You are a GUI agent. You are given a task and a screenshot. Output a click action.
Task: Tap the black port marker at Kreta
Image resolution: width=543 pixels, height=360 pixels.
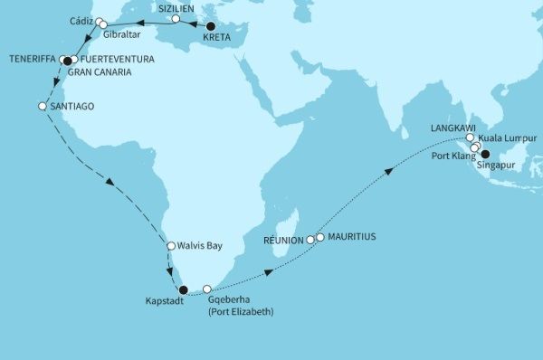pos(211,26)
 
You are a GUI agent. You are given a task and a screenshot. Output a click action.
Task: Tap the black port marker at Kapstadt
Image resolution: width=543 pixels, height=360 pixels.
pos(183,290)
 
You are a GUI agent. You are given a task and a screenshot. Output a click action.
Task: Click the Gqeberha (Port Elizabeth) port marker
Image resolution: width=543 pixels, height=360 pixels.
pos(207,289)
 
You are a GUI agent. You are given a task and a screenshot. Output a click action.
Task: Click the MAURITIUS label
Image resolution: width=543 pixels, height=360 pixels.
pos(350,237)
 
